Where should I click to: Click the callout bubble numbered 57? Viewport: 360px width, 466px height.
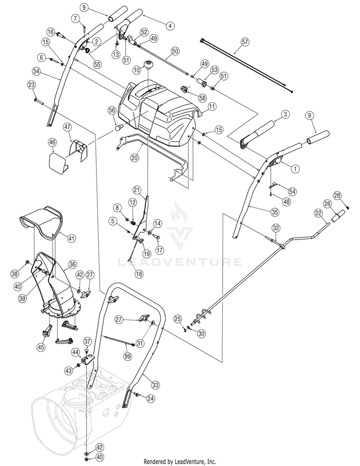245,42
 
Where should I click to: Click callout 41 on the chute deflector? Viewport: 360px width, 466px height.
72,238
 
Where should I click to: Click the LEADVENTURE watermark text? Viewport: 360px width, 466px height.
180,262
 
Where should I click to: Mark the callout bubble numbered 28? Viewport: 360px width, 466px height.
337,195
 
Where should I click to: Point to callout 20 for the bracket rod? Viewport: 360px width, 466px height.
135,157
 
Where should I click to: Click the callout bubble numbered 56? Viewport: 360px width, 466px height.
112,110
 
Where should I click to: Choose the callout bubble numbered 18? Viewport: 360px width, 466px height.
139,274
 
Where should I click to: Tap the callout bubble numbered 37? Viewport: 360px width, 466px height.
87,341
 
